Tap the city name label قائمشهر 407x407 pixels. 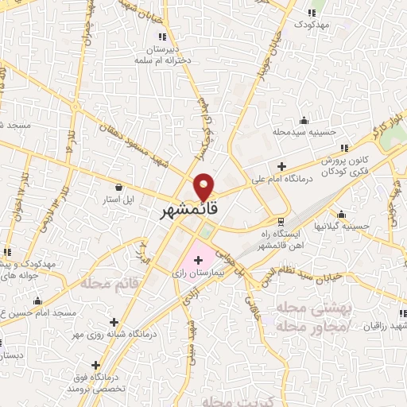tap(185, 213)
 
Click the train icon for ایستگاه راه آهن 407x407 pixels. tap(280, 220)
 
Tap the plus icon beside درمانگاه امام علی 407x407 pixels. tap(282, 166)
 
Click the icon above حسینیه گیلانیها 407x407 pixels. tap(341, 214)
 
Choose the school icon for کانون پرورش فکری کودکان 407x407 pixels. tap(343, 148)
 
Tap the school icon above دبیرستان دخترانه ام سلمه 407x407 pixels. tap(162, 37)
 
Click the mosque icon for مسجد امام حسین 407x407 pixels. tap(38, 301)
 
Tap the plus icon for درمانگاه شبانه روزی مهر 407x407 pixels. tap(114, 323)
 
